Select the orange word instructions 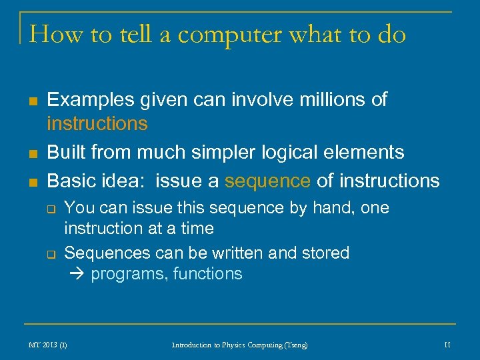(97, 123)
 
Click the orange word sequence (267, 181)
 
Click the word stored (325, 253)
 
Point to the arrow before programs (78, 274)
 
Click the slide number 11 (447, 345)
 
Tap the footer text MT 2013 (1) (47, 345)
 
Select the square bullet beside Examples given (31, 101)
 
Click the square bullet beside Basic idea (31, 181)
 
